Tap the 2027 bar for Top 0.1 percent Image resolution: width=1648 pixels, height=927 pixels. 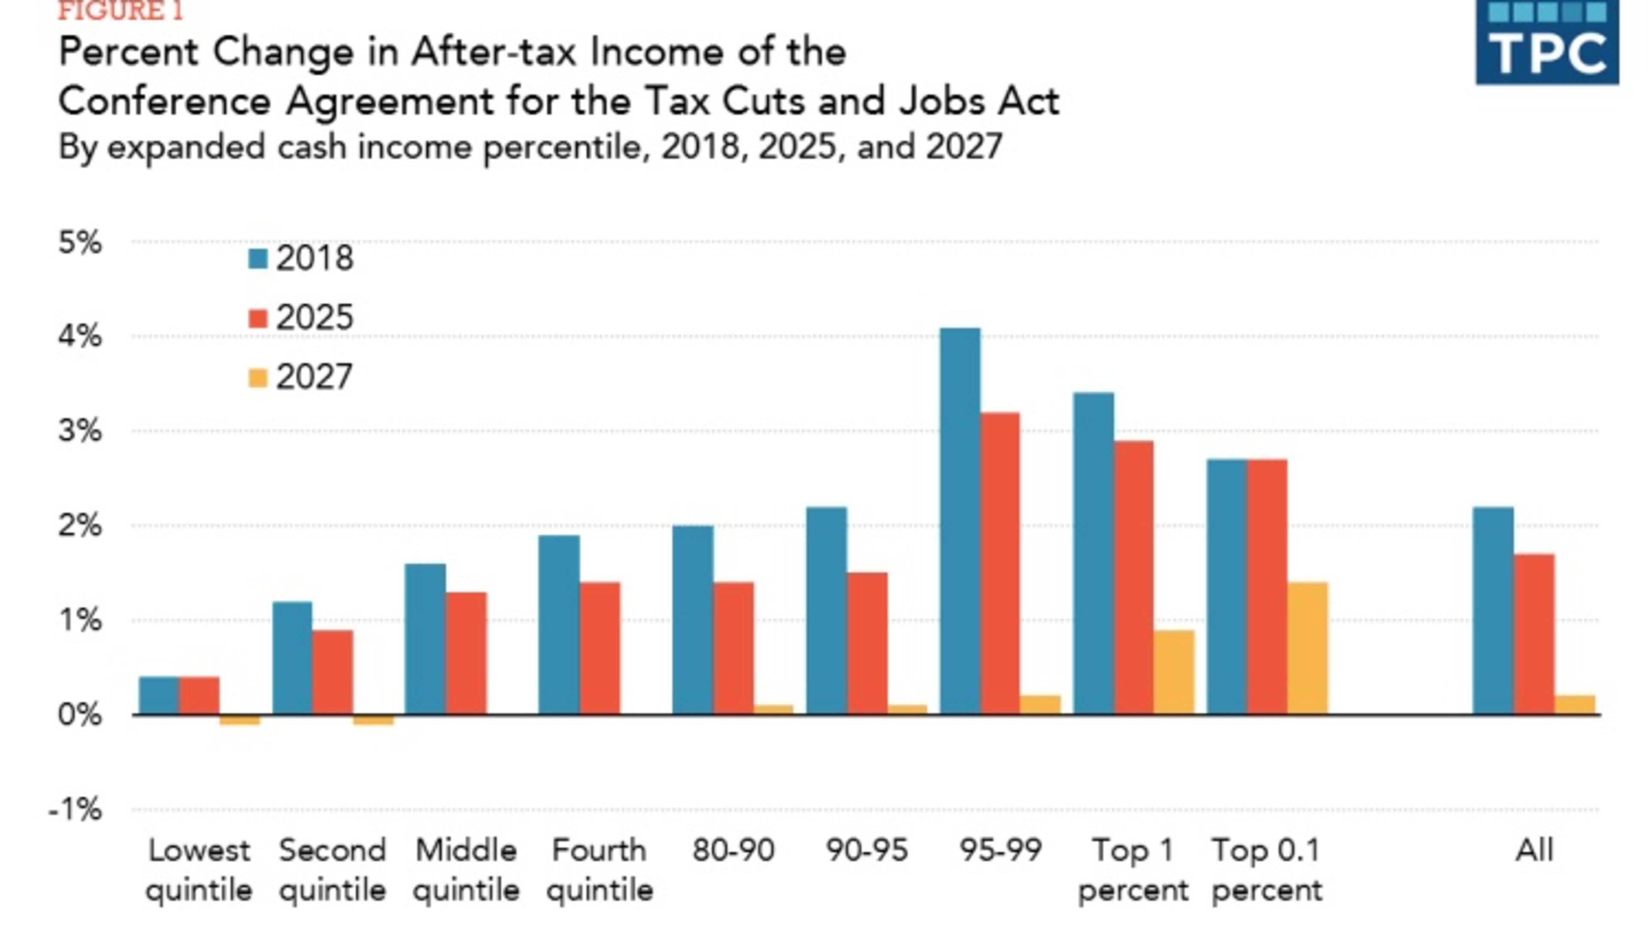tap(1307, 648)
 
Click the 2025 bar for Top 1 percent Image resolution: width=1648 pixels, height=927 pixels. tap(1133, 578)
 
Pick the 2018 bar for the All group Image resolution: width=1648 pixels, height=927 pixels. tap(1493, 611)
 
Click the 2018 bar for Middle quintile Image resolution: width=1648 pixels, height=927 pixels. tap(425, 639)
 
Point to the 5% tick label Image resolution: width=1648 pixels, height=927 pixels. tap(80, 242)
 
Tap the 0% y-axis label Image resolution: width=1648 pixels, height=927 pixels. tap(80, 715)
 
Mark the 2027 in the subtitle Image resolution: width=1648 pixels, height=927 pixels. tap(963, 146)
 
